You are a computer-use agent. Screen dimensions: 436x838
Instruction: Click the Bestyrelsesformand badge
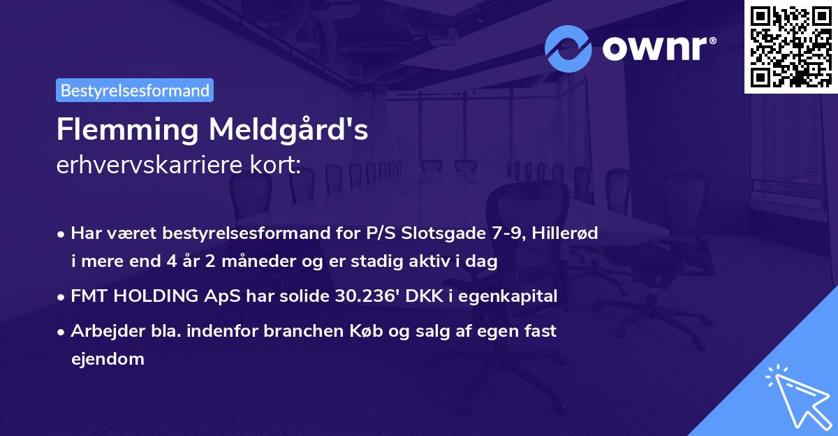point(135,90)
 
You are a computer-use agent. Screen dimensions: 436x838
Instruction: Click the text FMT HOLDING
point(134,296)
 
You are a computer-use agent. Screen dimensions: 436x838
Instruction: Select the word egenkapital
point(514,296)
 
